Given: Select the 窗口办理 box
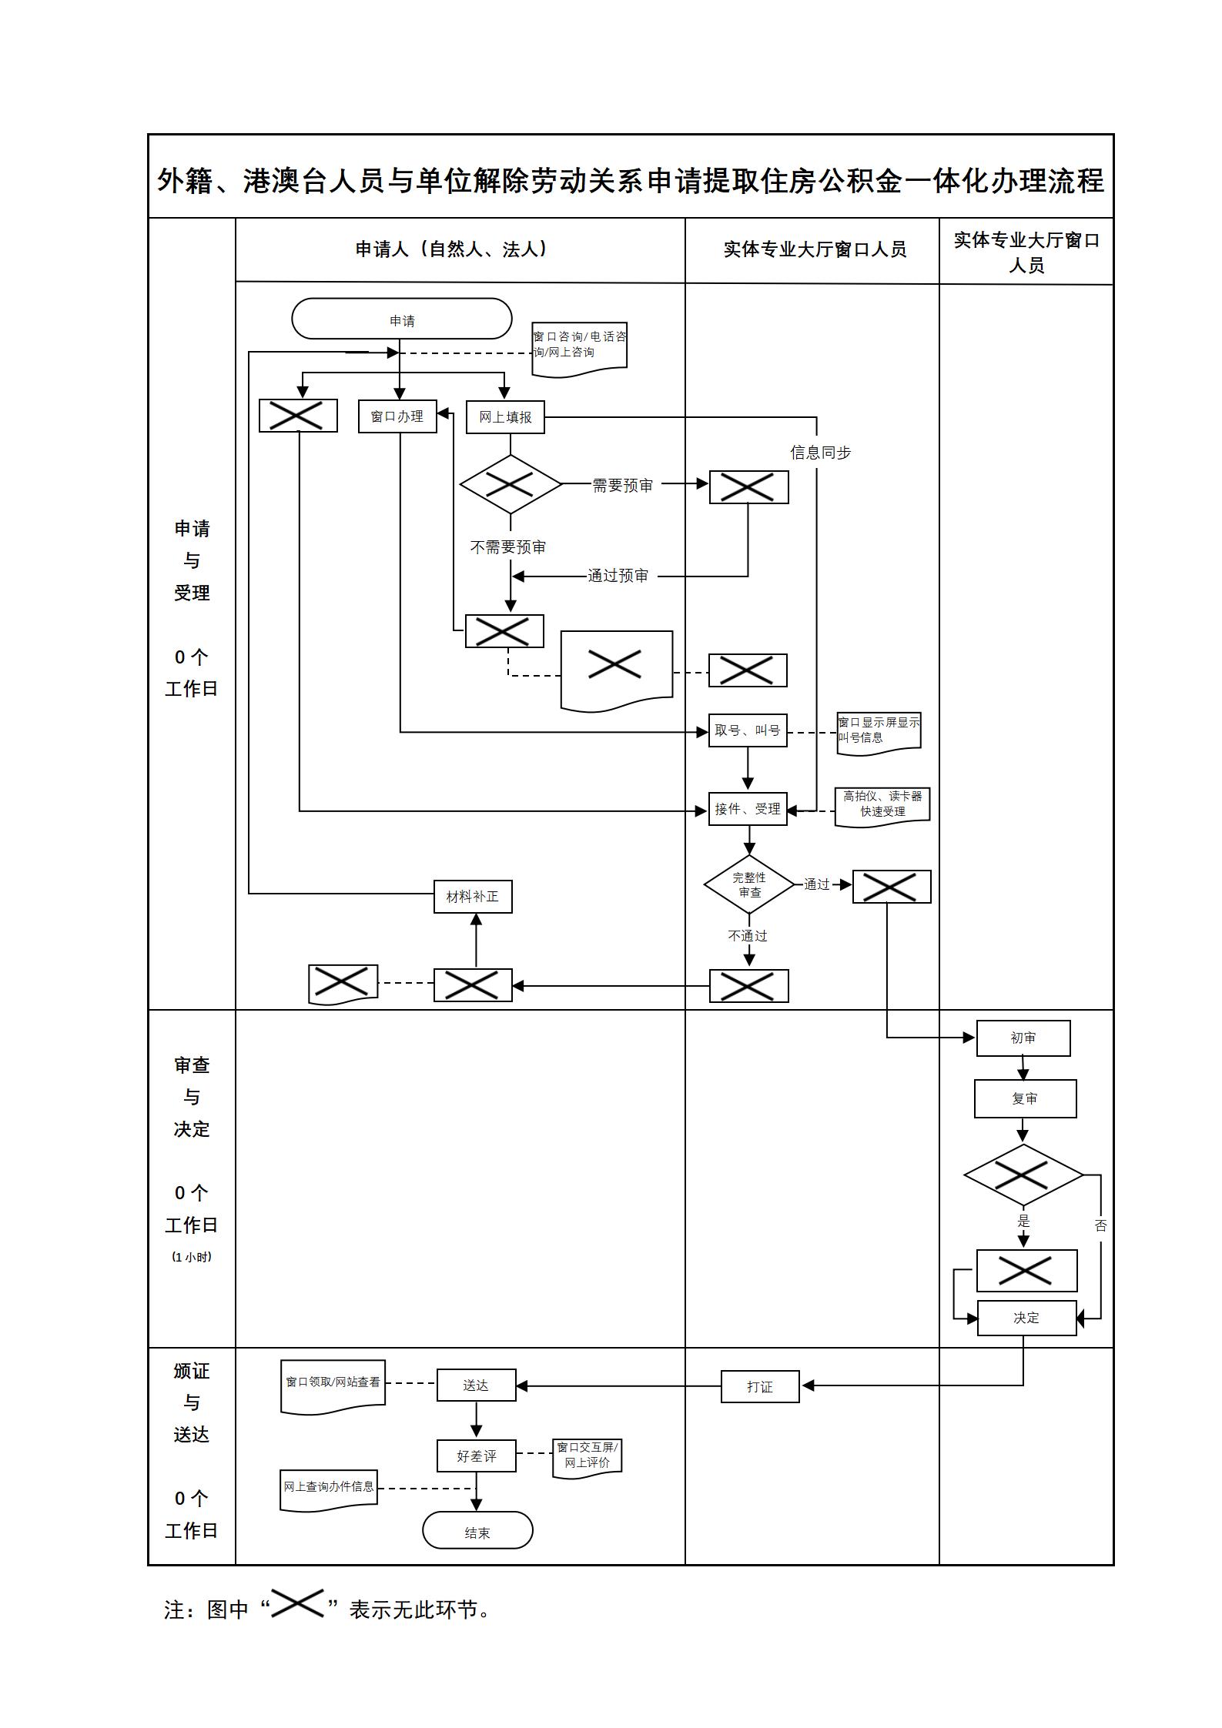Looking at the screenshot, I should pos(397,416).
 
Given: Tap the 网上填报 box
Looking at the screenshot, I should pos(505,417).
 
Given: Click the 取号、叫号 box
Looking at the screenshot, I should pos(748,730).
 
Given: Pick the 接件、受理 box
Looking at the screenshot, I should pos(748,809).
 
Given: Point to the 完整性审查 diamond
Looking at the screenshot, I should pos(749,885).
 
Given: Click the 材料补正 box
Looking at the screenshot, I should pos(473,897).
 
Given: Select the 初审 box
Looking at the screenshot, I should pos(1023,1038).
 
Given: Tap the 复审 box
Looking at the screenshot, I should pos(1025,1098).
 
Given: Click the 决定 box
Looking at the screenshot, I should pos(1026,1318).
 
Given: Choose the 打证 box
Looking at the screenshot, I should pos(760,1386).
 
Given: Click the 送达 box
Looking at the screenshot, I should pos(476,1385).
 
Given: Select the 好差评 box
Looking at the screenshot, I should pos(476,1456).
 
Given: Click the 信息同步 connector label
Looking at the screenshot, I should pos(821,453).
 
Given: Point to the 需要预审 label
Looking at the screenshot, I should pos(622,486).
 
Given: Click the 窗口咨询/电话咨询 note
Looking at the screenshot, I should pos(579,345).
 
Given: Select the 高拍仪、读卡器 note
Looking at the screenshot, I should pos(882,804).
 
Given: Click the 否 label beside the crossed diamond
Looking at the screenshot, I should pos(1100,1226).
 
